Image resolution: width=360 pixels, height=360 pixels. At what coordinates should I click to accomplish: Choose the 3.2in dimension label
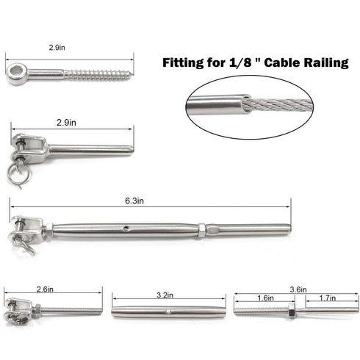click(x=167, y=295)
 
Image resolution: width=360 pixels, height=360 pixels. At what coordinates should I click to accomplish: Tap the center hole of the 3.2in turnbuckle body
click(x=167, y=311)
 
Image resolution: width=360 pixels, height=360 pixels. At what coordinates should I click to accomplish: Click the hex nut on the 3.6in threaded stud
click(x=292, y=312)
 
